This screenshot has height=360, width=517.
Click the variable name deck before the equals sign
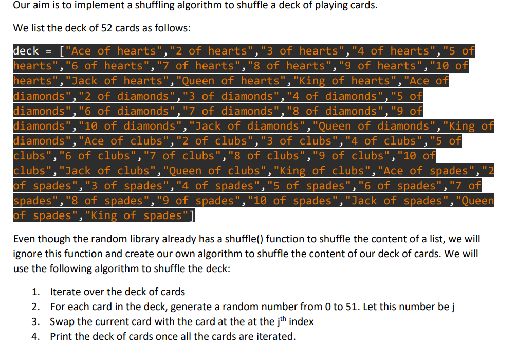(26, 51)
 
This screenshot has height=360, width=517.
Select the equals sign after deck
(49, 51)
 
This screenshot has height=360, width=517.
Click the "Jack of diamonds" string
(247, 126)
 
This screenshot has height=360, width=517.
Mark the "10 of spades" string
(286, 201)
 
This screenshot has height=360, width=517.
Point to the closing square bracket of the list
(192, 215)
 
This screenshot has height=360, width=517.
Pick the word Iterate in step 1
(65, 292)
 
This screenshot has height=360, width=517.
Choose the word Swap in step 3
(61, 322)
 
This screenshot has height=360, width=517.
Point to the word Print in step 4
(60, 337)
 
